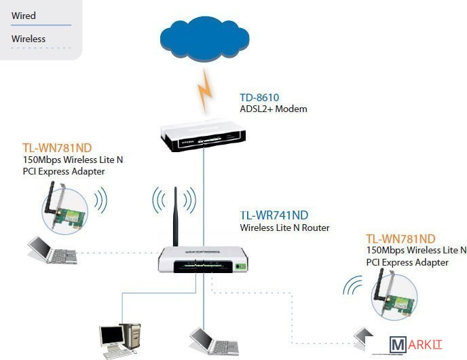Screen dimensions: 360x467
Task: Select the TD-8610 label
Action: coord(259,98)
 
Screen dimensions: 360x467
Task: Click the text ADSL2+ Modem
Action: coord(274,109)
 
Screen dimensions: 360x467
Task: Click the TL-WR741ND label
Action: coord(274,216)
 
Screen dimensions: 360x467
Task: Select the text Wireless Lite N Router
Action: coord(284,228)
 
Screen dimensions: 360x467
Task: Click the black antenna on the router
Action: coord(175,217)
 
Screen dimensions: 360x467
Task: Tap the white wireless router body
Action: coord(204,259)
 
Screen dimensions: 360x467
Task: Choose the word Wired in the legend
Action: coord(24,16)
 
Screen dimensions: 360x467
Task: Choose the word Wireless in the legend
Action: coord(29,39)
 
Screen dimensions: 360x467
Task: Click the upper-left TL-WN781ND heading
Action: coord(57,147)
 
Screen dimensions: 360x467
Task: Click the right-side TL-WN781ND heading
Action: coord(400,238)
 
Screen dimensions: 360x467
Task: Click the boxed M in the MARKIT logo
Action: coord(398,345)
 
